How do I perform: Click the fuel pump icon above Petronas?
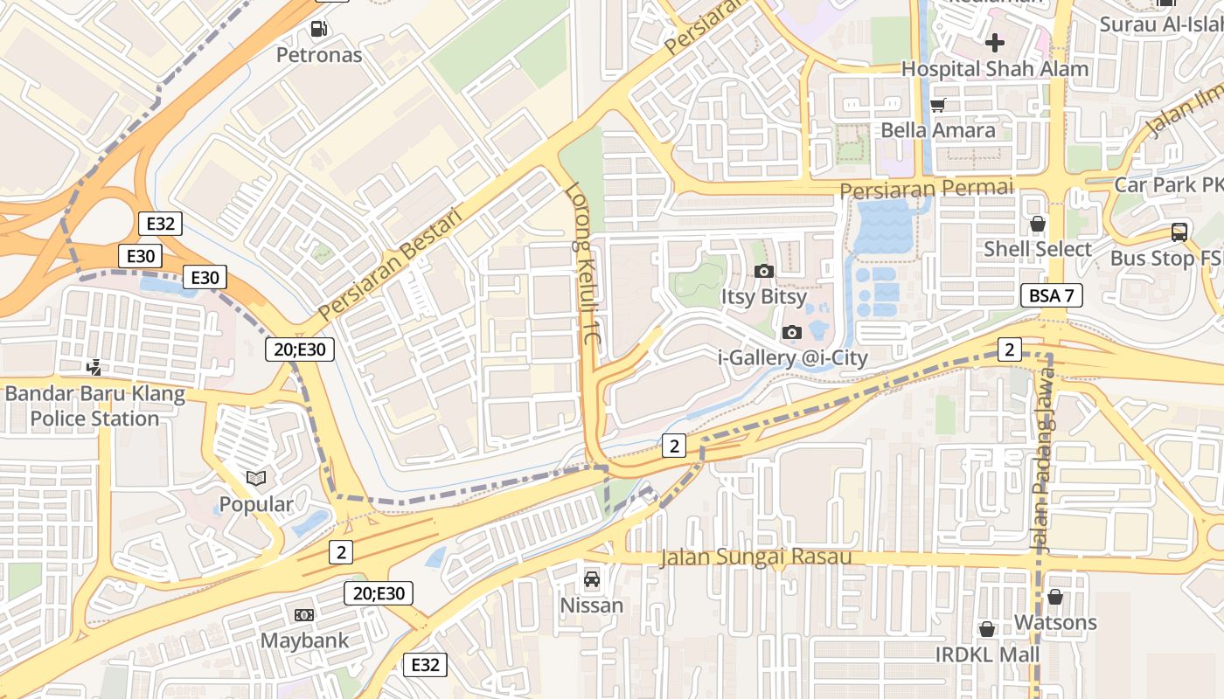[318, 29]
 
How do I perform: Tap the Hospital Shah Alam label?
[995, 68]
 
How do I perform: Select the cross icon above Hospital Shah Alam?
[995, 42]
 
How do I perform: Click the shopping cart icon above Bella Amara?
[938, 105]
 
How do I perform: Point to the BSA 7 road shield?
[1051, 295]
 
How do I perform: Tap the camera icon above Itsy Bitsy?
[764, 271]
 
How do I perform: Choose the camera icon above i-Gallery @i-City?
[792, 332]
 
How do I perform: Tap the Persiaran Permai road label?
[926, 188]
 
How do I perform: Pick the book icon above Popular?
[255, 478]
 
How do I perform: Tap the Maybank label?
[304, 640]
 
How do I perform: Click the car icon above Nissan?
[592, 578]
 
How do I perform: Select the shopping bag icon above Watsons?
[1055, 597]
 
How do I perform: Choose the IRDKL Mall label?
[987, 654]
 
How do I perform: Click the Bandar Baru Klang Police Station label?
[95, 406]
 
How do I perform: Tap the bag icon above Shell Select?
[1038, 224]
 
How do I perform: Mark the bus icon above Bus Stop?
[1179, 232]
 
